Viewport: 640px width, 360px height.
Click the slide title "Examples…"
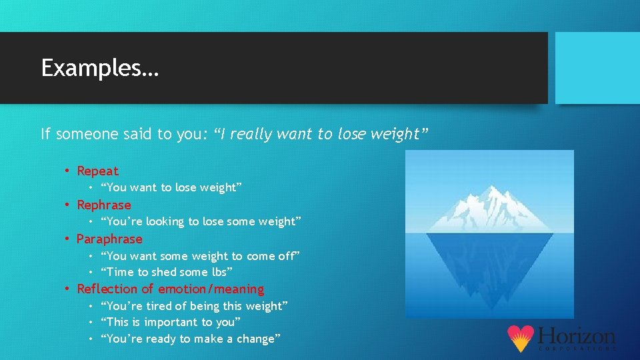click(100, 68)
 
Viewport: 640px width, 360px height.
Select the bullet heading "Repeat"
click(97, 171)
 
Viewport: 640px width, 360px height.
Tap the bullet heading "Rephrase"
click(104, 205)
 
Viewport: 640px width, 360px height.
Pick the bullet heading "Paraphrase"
click(109, 239)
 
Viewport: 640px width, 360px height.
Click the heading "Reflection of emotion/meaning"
click(170, 289)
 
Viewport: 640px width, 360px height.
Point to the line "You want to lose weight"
click(171, 188)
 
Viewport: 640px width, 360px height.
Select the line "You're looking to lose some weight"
click(201, 222)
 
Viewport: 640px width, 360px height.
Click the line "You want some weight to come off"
click(200, 256)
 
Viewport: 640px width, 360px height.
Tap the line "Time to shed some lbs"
click(166, 272)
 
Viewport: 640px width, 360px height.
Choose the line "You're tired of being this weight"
click(194, 306)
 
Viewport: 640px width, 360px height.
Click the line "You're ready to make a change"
click(190, 339)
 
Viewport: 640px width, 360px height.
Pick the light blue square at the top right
click(597, 68)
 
